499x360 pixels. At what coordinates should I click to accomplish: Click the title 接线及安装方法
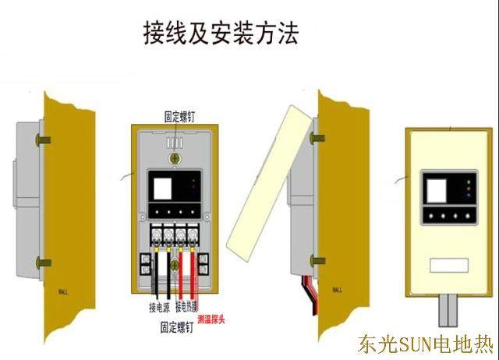(x=220, y=34)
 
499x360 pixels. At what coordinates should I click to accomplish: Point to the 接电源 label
(x=159, y=307)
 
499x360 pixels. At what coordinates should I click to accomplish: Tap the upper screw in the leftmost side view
(x=43, y=140)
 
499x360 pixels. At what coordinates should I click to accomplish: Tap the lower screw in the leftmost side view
(x=43, y=263)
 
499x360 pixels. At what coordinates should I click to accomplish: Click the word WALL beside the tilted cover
(x=337, y=290)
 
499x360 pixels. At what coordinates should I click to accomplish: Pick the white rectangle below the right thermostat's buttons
(x=447, y=266)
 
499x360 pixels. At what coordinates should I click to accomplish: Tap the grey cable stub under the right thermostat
(x=448, y=310)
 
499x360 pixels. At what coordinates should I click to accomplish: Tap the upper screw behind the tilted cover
(x=318, y=137)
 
